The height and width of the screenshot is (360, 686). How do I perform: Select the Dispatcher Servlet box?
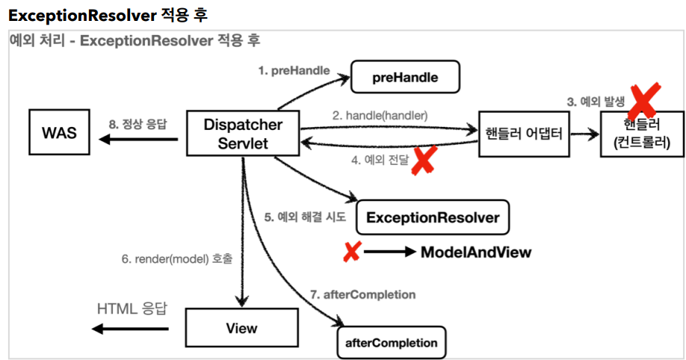click(244, 134)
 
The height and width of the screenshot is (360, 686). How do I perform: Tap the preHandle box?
click(405, 77)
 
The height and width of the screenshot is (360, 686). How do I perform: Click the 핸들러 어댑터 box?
click(524, 134)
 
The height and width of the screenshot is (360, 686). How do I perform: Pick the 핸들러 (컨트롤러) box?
click(642, 134)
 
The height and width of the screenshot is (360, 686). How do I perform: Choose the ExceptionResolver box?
click(433, 218)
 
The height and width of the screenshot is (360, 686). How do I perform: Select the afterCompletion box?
click(391, 343)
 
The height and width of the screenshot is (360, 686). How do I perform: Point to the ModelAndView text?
click(476, 252)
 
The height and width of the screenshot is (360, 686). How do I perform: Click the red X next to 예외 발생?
click(644, 98)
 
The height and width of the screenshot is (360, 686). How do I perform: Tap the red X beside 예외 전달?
click(424, 161)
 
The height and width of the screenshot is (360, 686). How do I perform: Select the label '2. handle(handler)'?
click(380, 116)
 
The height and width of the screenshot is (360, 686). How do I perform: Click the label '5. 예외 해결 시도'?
click(305, 218)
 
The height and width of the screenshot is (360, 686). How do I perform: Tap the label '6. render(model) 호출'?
click(177, 259)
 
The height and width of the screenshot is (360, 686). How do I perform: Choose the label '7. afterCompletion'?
click(362, 294)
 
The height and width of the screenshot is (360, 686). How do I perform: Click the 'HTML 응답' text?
click(132, 308)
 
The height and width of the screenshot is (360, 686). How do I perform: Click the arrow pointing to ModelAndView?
click(389, 252)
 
